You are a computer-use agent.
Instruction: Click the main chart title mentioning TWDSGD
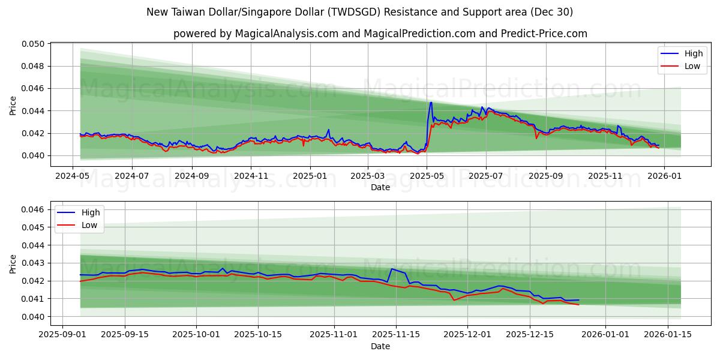[359, 12]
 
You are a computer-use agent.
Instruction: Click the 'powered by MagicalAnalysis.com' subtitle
[380, 34]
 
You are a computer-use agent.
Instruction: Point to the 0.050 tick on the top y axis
[34, 44]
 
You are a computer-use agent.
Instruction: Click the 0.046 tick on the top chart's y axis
[34, 89]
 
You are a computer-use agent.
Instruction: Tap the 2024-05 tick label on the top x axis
[73, 176]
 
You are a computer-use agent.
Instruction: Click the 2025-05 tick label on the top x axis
[427, 176]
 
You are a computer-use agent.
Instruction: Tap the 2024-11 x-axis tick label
[250, 176]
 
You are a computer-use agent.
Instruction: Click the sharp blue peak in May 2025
[430, 103]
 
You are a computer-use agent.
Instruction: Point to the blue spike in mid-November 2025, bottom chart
[391, 269]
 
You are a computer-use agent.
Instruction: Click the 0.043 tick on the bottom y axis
[34, 263]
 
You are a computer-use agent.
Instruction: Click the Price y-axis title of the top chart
[13, 105]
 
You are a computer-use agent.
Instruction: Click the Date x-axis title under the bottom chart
[380, 346]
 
